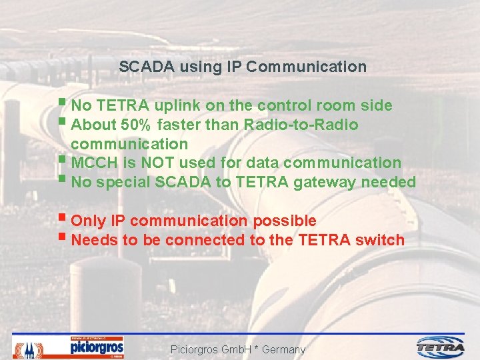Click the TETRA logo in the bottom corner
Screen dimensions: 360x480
pos(441,347)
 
